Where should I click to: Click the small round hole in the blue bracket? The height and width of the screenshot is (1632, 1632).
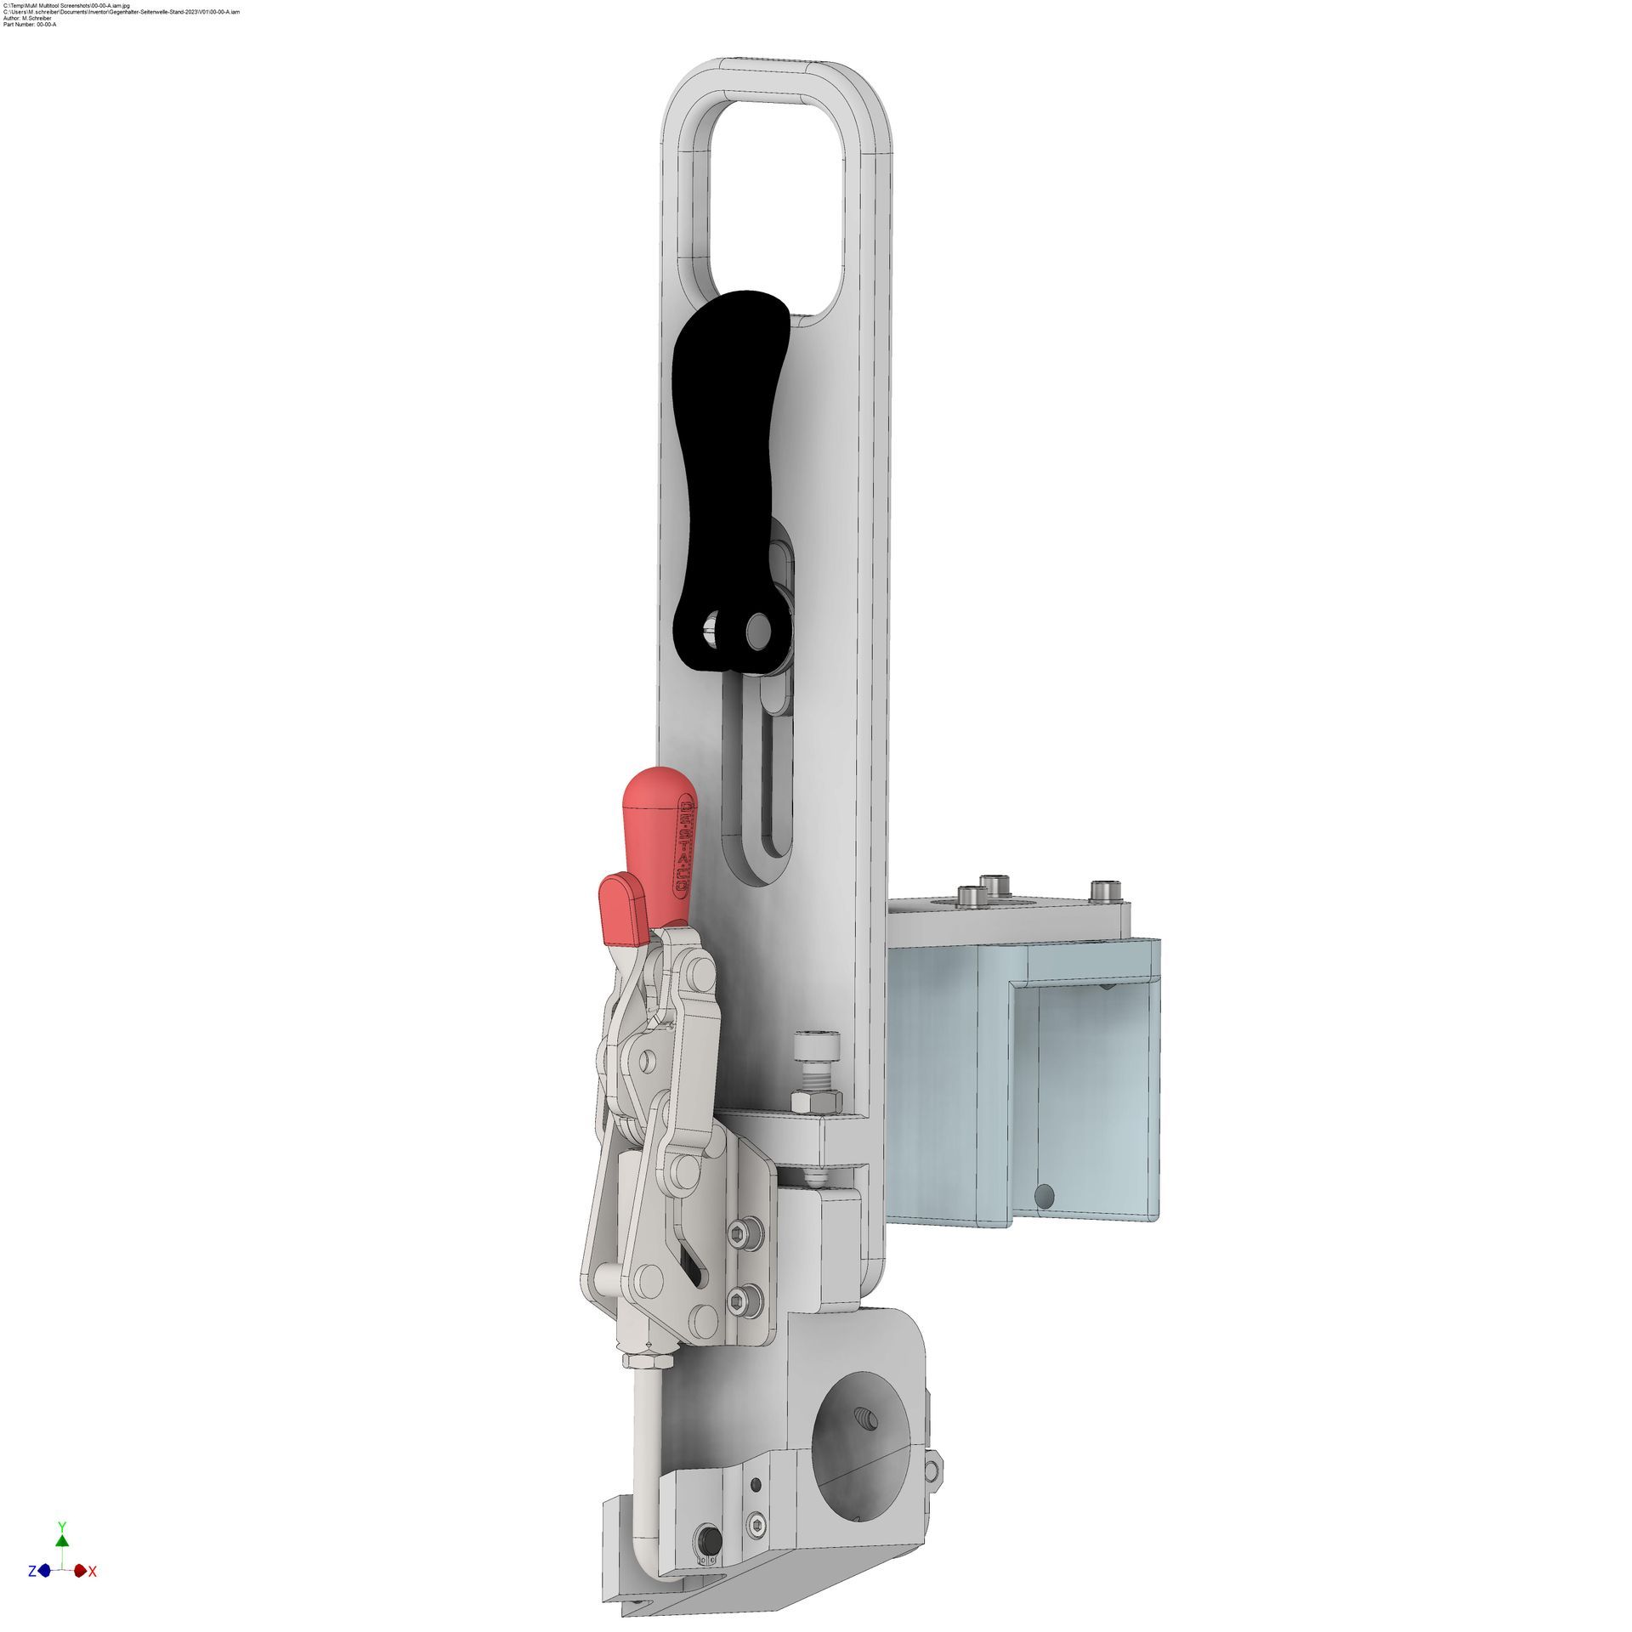1045,1198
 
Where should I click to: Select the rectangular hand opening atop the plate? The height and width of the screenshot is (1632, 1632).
775,204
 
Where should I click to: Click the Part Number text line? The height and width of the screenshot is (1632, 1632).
31,25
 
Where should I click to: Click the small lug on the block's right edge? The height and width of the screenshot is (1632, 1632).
934,1467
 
